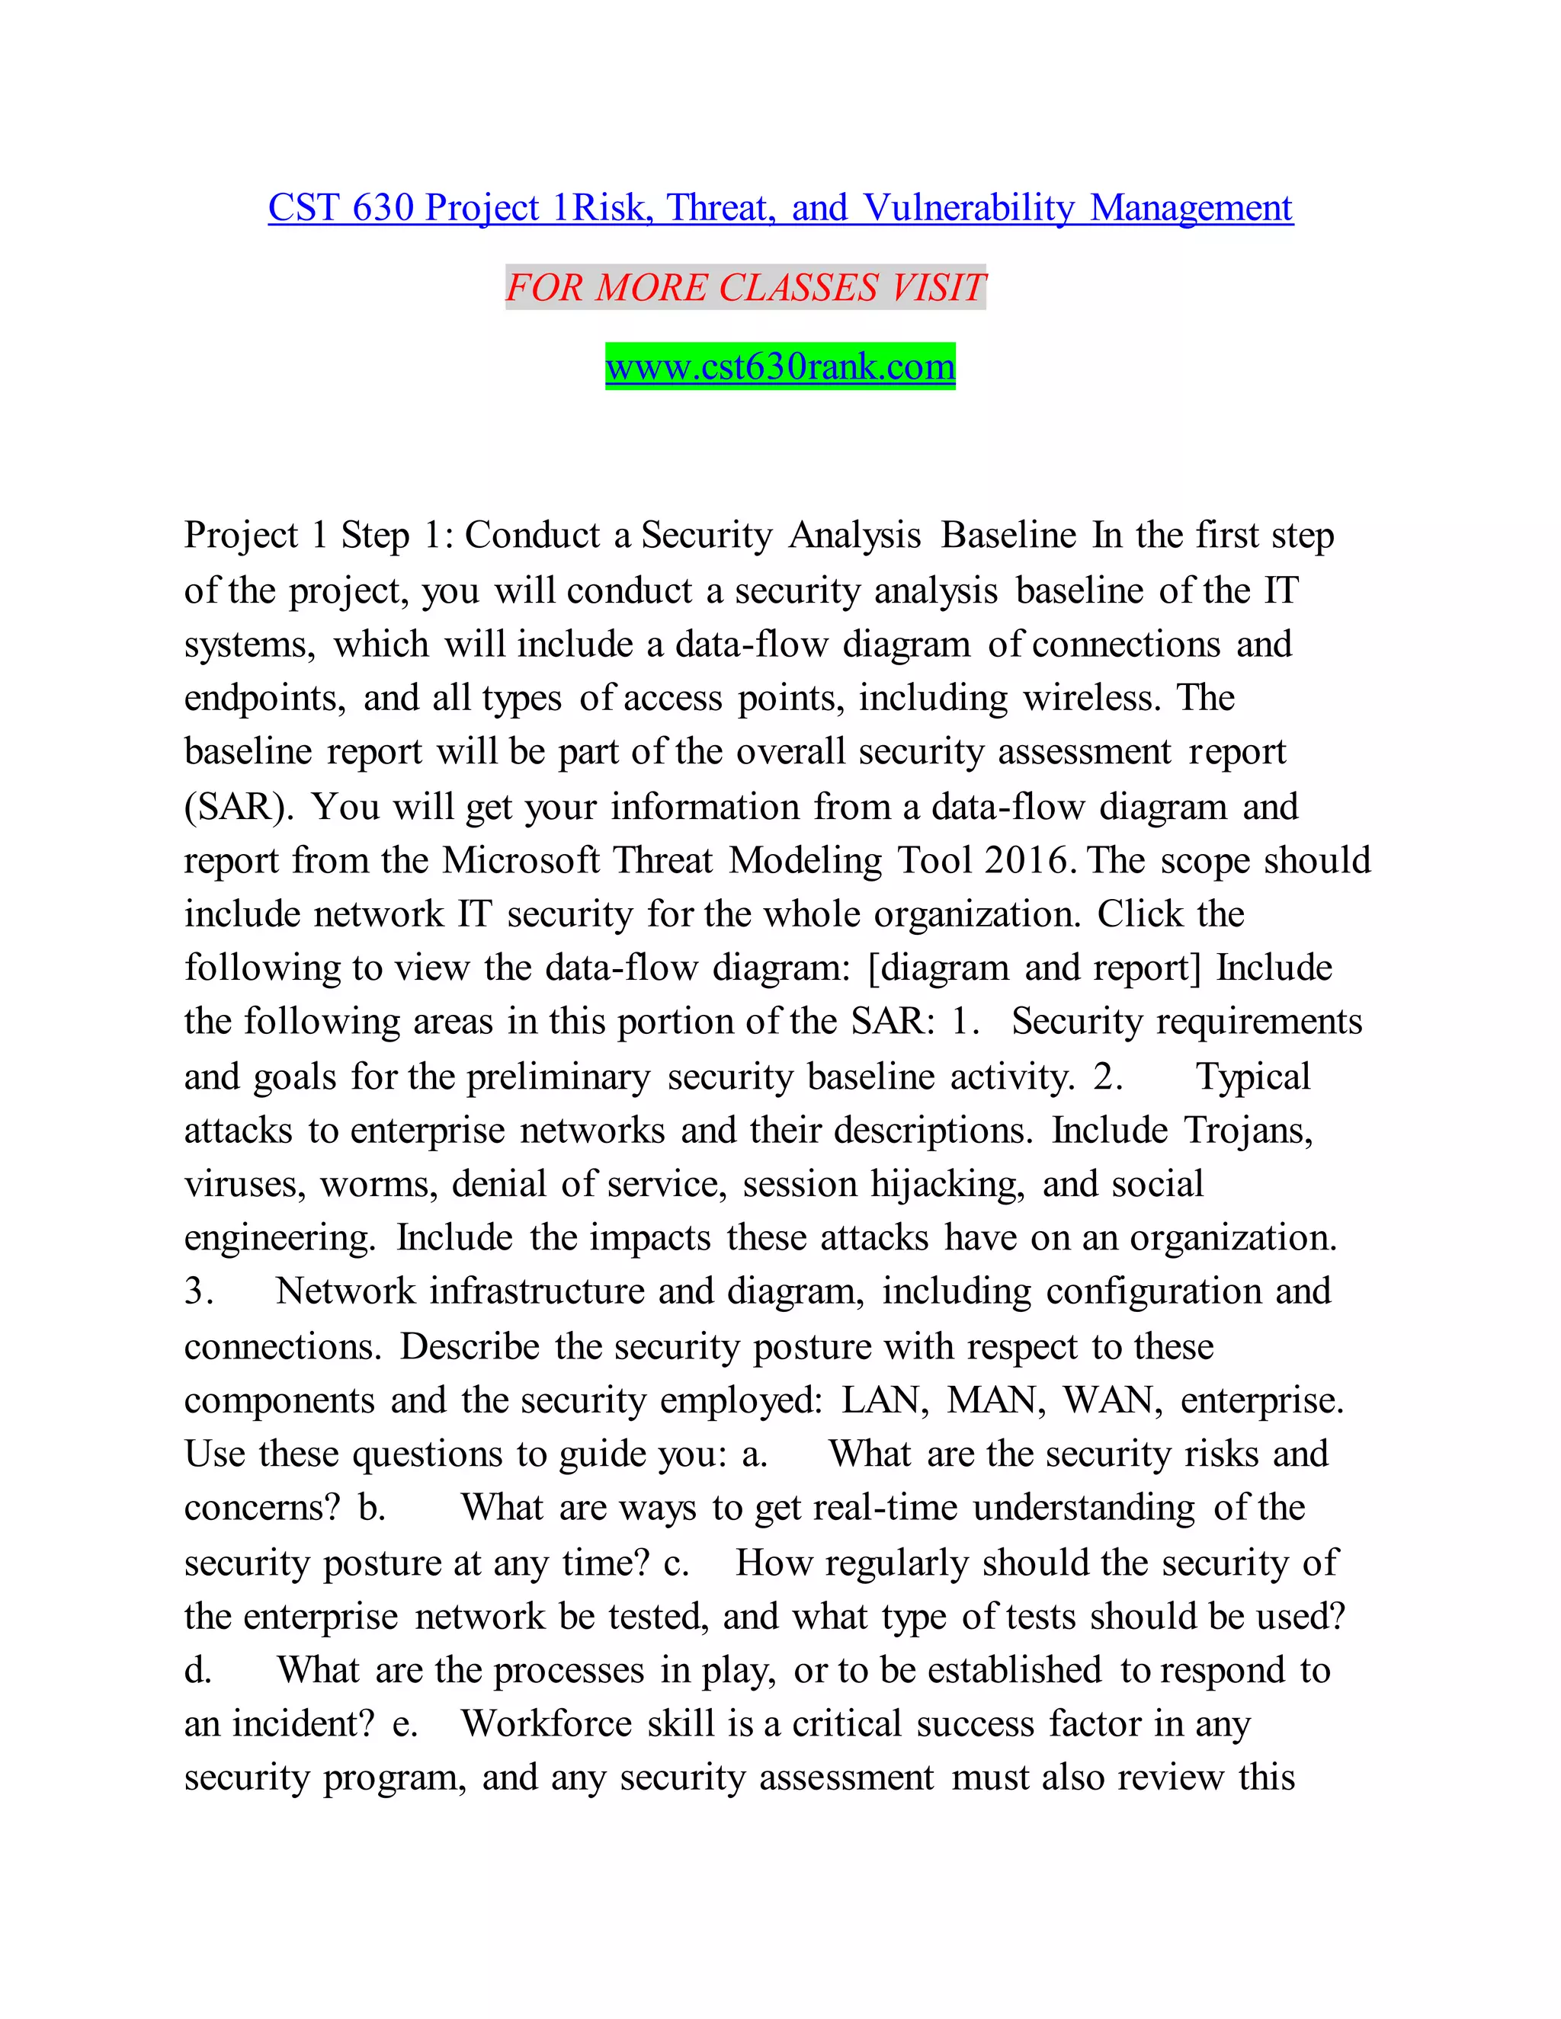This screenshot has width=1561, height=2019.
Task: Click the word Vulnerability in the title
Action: coord(970,208)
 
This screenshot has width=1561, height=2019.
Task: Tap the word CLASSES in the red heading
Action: coord(798,287)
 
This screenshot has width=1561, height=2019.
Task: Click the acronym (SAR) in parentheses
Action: coord(239,807)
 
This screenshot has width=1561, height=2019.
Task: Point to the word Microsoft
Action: coord(521,861)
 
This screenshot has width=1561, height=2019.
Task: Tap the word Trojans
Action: coord(1248,1131)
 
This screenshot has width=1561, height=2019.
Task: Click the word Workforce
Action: coord(547,1724)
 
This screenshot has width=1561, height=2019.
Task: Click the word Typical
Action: coord(1253,1077)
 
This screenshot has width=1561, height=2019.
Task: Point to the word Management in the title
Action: coord(1191,208)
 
